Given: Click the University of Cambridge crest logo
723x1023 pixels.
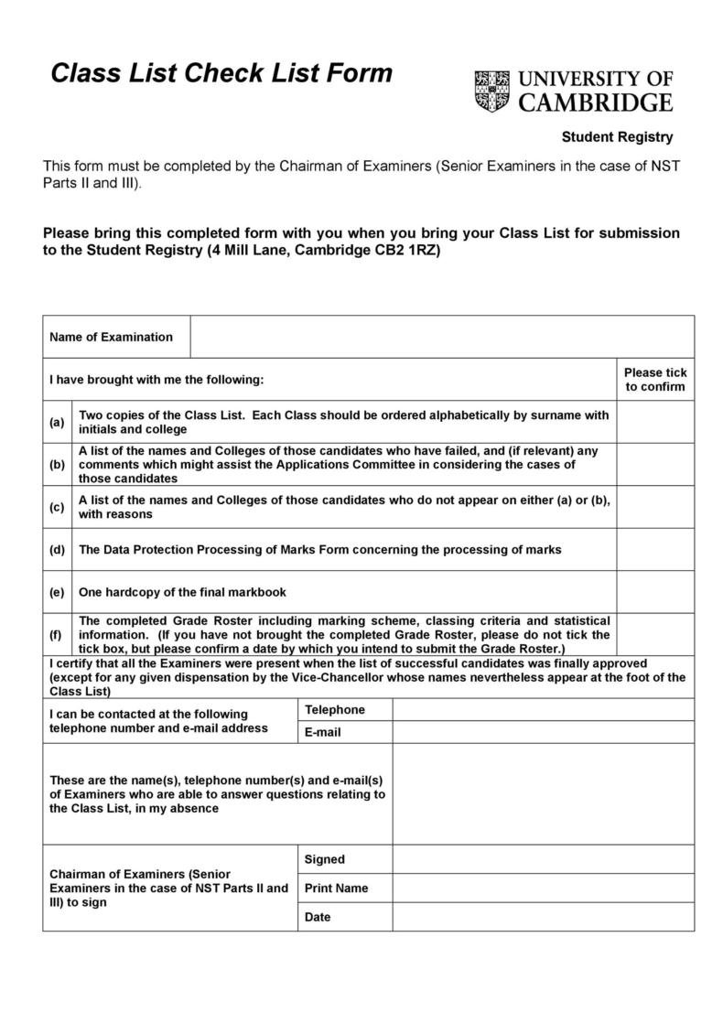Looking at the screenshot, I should [492, 92].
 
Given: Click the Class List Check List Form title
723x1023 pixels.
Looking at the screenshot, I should [221, 73].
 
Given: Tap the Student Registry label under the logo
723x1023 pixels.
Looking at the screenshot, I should [617, 137].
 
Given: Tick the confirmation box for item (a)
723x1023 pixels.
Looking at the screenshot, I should [654, 422].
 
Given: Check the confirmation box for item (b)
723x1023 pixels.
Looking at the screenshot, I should [654, 464].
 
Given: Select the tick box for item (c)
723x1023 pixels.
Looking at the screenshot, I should [654, 507].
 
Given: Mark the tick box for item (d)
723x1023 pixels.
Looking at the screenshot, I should [654, 549].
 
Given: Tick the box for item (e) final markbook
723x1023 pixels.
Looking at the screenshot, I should [654, 592].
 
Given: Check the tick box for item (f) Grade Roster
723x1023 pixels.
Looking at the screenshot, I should [654, 634].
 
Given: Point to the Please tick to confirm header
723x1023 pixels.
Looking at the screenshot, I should [654, 379].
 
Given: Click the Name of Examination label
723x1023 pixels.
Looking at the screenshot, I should [111, 337].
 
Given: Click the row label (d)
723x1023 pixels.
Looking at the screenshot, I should [57, 550].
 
